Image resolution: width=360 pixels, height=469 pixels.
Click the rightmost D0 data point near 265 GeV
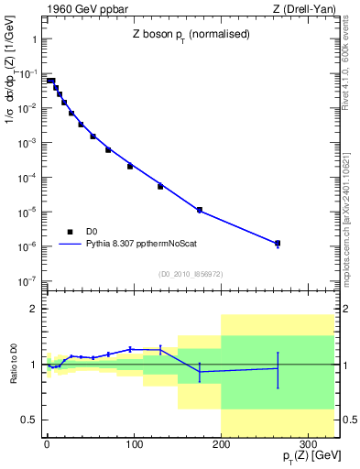point(278,243)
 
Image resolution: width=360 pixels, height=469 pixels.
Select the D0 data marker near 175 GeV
point(199,210)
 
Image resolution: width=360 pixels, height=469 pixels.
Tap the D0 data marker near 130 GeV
point(160,186)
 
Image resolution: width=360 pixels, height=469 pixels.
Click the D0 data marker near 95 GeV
point(130,166)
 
